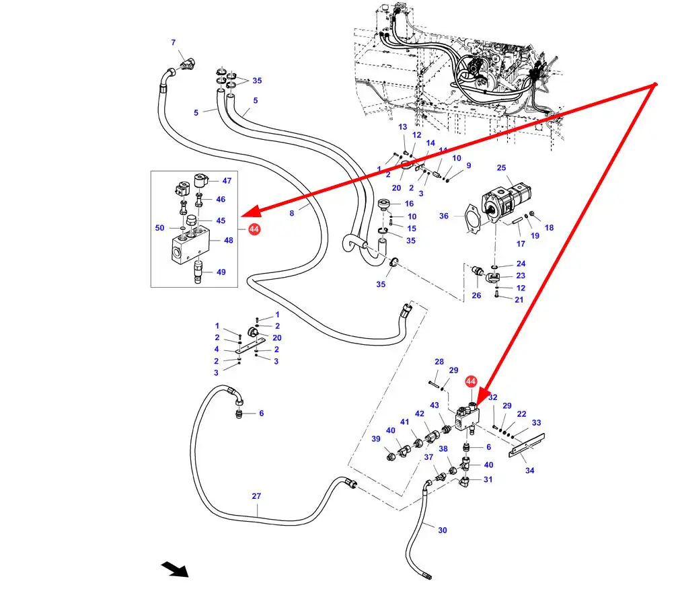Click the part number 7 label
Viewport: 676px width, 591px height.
point(173,43)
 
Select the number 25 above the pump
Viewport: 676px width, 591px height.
point(502,167)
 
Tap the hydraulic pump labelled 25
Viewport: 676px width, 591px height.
point(504,197)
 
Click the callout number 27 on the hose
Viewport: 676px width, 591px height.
point(256,496)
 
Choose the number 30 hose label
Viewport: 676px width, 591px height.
point(443,530)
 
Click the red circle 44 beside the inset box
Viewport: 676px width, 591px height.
point(254,229)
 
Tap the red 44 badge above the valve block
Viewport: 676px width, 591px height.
point(471,381)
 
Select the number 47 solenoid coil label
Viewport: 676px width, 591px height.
point(227,181)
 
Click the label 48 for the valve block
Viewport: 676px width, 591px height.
point(229,240)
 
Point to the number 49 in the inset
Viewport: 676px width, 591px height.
point(221,272)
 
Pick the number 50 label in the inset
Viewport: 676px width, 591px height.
point(159,228)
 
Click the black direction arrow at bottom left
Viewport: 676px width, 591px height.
point(175,569)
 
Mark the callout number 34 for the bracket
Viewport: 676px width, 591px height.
point(530,471)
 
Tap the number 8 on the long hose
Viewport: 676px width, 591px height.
point(292,214)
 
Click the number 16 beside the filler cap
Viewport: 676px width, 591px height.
point(409,204)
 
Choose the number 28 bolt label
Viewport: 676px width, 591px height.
point(439,362)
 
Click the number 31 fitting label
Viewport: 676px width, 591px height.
point(488,479)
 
